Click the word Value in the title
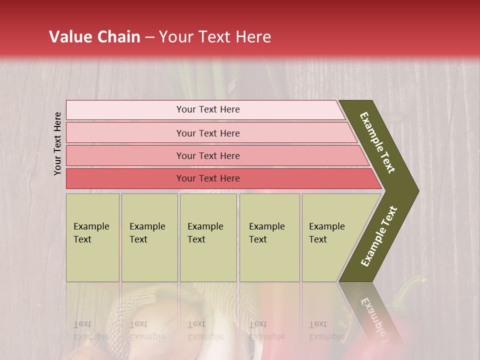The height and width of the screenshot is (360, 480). click(x=69, y=37)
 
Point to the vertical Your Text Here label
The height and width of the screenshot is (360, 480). click(x=57, y=143)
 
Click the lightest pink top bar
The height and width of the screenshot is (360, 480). click(x=205, y=110)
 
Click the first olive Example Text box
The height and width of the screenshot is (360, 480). click(x=92, y=237)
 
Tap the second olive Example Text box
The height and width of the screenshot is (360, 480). click(x=149, y=237)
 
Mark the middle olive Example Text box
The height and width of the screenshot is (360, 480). click(x=208, y=237)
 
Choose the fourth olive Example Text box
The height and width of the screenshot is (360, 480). click(x=269, y=237)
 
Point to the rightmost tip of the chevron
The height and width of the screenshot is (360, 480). click(x=417, y=191)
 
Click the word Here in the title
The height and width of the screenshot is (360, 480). click(x=253, y=37)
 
